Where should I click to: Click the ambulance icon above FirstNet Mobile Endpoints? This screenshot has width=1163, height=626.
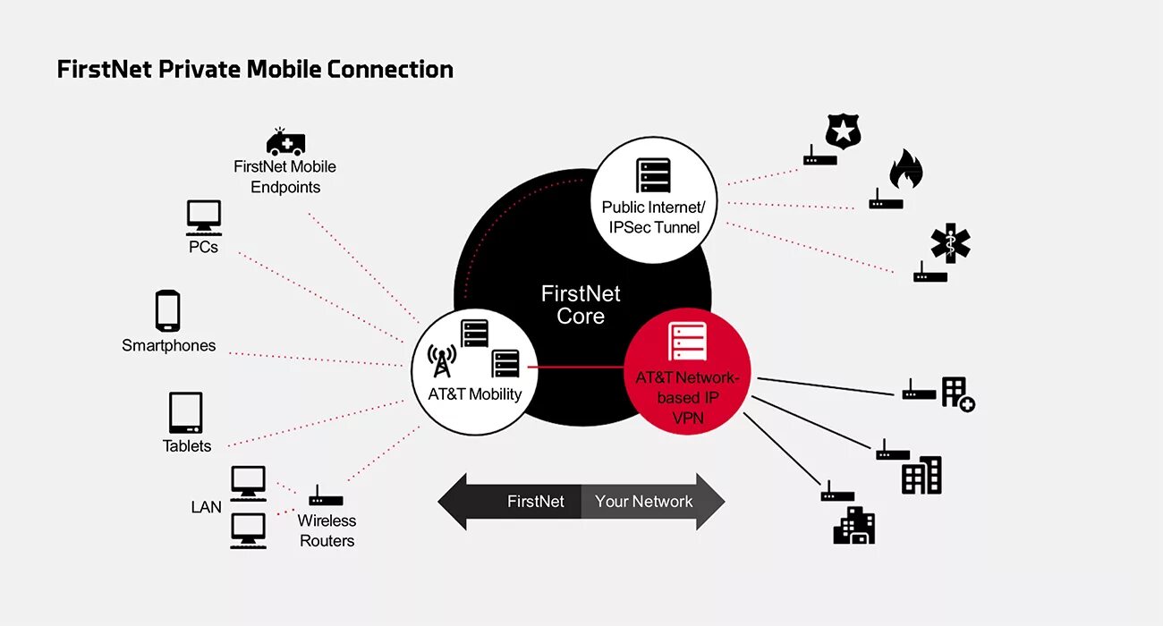pos(286,143)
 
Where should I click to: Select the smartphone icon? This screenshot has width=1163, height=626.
pos(167,310)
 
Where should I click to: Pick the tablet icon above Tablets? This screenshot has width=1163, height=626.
pos(185,413)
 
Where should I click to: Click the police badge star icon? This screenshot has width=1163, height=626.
pos(842,131)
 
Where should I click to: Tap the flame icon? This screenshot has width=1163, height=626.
pos(905,169)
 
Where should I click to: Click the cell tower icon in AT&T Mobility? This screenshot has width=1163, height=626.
pos(441,360)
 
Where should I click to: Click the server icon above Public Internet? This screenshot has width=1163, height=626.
pos(653,175)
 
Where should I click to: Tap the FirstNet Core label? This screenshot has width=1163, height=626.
pos(581,305)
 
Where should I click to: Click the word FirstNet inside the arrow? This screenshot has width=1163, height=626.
pos(535,502)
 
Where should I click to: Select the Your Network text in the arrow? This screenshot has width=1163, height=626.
pos(643,502)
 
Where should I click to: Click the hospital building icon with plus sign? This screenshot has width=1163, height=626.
pos(957,393)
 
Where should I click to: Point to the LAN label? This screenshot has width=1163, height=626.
pos(206,507)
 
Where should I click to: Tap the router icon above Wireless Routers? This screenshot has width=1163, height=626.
pos(326,497)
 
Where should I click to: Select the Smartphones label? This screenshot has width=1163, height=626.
pos(169,345)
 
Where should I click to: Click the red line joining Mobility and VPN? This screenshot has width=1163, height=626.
pos(578,367)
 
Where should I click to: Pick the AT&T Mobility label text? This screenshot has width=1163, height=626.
pos(475,394)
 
